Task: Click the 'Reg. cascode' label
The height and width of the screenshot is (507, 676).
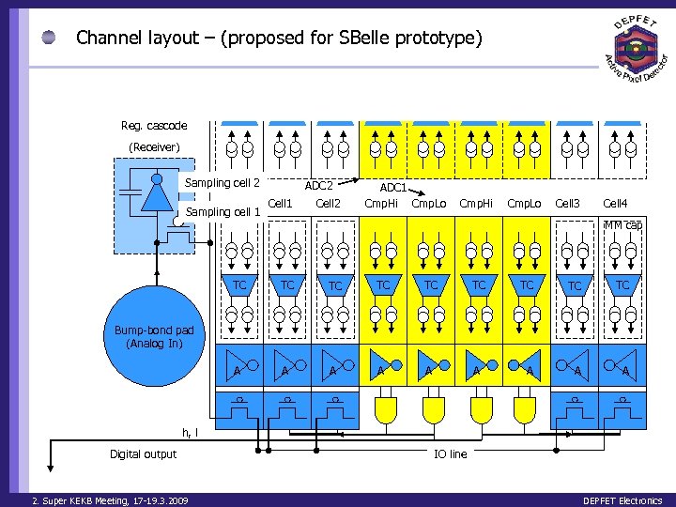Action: tap(154, 126)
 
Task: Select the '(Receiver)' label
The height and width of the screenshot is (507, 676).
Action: tap(154, 146)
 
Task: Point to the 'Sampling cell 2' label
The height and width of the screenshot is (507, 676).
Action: tap(223, 182)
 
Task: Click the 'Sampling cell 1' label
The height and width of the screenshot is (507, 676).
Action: tap(223, 212)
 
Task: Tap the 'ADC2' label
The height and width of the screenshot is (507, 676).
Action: tap(319, 186)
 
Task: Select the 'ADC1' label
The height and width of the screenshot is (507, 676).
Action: tap(392, 188)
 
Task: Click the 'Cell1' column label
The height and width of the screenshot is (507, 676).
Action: tap(281, 203)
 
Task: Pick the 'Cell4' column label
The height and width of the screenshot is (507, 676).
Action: tap(616, 203)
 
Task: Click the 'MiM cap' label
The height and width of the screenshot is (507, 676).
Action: tap(622, 225)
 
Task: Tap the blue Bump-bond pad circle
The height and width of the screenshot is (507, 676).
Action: tap(154, 333)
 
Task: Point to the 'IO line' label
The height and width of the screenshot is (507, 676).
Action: tap(450, 454)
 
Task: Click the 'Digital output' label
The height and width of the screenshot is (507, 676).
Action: tap(143, 454)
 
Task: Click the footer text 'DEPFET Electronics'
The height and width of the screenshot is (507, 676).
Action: tap(622, 500)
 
